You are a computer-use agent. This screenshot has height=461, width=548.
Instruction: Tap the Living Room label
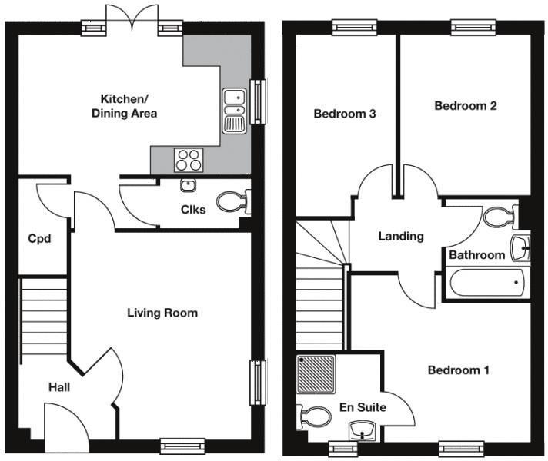tap(162, 313)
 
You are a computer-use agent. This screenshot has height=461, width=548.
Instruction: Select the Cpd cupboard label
tap(39, 239)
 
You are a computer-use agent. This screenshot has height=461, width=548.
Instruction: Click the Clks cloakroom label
tap(193, 209)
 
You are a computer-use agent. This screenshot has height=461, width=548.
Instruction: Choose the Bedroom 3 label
tap(345, 114)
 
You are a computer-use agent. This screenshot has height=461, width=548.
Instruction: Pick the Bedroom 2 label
tap(465, 106)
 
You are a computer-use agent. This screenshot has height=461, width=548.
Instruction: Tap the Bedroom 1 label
tap(458, 370)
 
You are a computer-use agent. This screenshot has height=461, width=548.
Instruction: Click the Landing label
tap(400, 237)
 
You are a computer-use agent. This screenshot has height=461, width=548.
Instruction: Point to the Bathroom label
tap(477, 254)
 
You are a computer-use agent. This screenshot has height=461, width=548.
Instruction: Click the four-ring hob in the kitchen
tap(189, 159)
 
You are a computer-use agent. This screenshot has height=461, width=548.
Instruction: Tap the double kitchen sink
tap(234, 111)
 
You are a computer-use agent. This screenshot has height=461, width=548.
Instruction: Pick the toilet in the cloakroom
tap(232, 203)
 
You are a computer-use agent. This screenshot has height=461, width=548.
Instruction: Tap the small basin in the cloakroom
tap(187, 185)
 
